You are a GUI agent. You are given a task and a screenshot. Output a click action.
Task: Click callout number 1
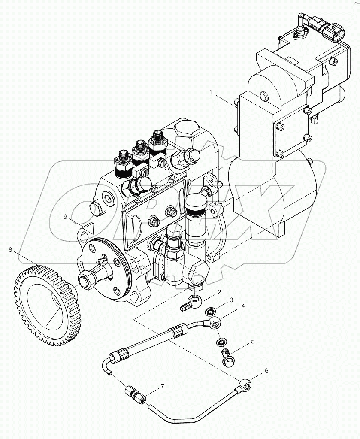tap(211, 92)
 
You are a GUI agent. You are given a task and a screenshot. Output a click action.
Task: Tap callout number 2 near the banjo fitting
tap(219, 293)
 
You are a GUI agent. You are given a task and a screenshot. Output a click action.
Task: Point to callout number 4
tap(242, 306)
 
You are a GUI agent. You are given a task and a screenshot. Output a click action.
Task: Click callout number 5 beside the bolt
tap(253, 342)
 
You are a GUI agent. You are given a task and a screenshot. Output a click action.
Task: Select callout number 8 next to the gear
tap(10, 248)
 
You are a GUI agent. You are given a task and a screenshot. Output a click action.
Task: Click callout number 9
tap(66, 217)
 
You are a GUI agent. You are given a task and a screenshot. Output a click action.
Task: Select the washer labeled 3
tap(211, 311)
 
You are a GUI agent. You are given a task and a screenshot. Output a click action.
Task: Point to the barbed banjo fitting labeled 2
tap(191, 302)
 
